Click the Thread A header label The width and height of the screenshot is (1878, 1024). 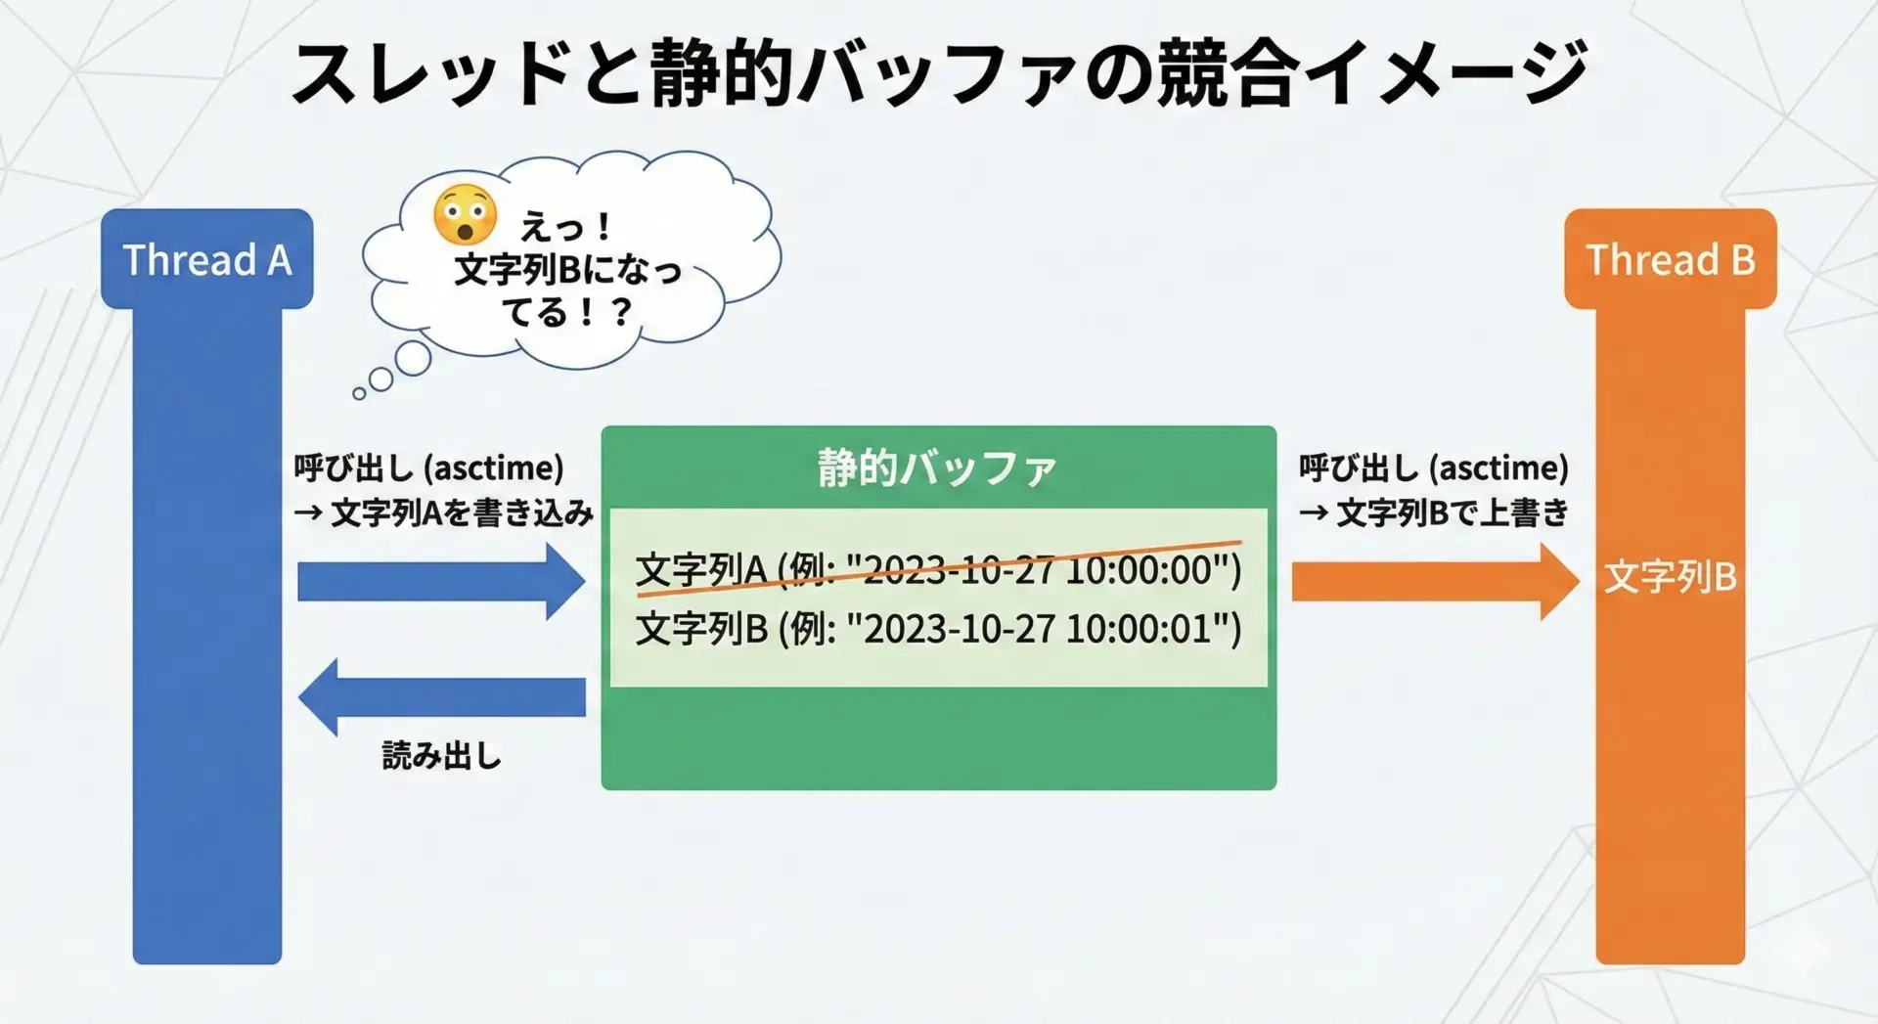click(x=207, y=260)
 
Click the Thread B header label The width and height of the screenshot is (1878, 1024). click(x=1671, y=260)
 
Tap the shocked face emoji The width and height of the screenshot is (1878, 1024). click(x=465, y=214)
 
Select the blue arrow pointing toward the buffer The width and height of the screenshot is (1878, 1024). click(x=441, y=582)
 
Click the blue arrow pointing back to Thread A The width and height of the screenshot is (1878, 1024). click(x=441, y=697)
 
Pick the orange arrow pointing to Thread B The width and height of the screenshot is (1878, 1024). click(x=1435, y=582)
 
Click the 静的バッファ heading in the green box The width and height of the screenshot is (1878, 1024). click(x=938, y=468)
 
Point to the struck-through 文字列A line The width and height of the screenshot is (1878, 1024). click(x=938, y=569)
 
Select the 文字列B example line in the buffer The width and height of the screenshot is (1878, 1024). click(x=938, y=629)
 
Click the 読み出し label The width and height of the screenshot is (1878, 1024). click(x=441, y=756)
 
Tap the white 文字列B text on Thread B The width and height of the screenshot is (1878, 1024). click(x=1671, y=577)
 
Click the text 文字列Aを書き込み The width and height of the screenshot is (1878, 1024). click(x=462, y=512)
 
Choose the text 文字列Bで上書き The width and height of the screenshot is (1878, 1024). click(x=1452, y=512)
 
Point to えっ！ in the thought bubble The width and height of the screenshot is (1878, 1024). click(x=566, y=228)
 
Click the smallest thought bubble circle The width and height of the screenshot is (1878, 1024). click(x=359, y=393)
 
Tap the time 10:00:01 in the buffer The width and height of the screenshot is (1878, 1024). click(x=1139, y=629)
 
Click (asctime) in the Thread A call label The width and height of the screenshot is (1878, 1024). click(x=494, y=468)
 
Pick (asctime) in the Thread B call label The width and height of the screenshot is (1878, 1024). click(x=1498, y=468)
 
